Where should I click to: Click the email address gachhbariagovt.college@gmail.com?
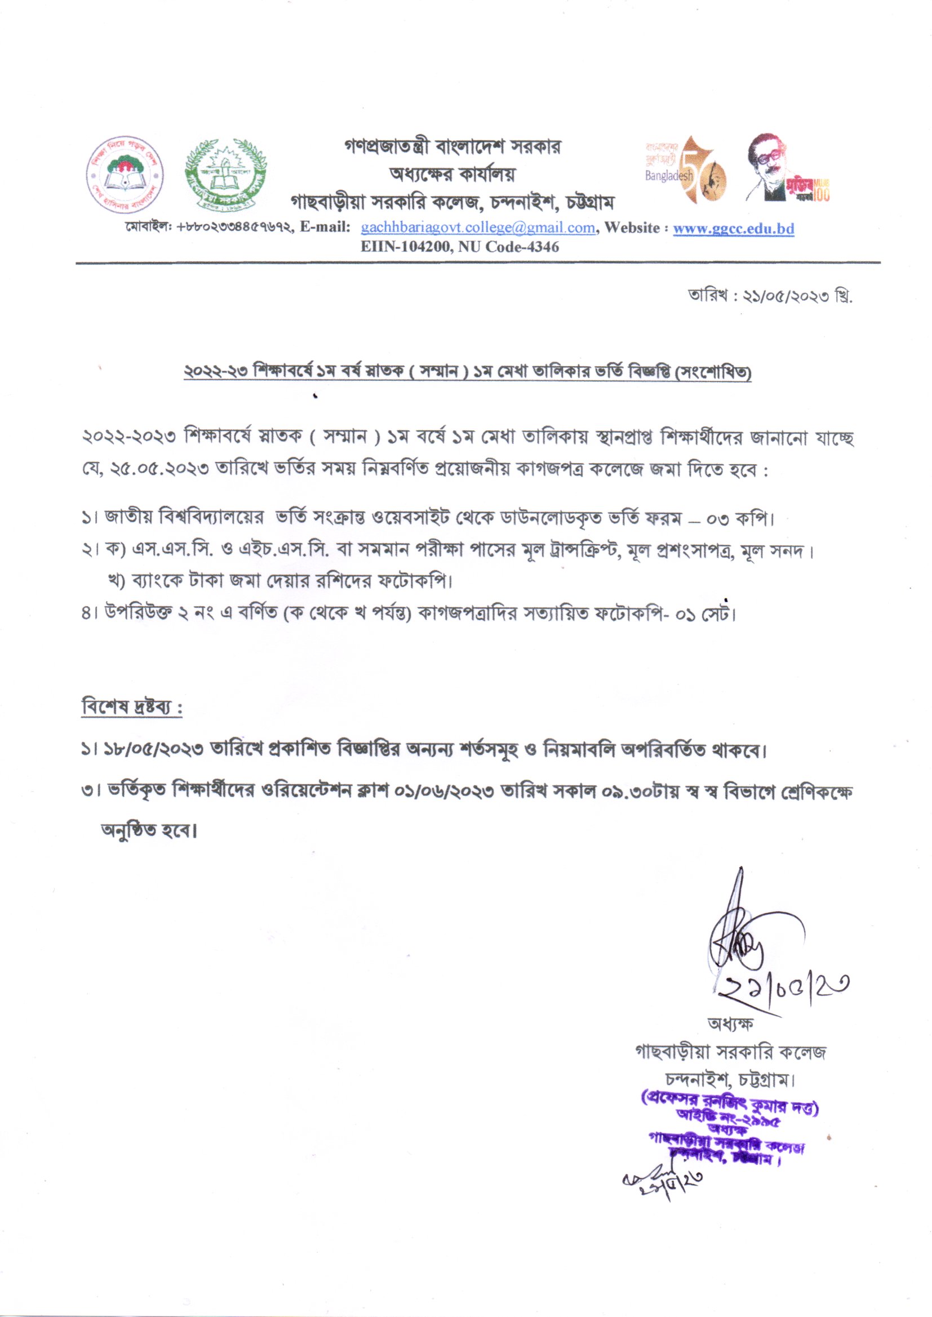(477, 228)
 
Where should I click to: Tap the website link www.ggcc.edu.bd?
(733, 228)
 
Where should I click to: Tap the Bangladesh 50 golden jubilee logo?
(685, 169)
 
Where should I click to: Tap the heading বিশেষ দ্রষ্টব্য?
(131, 708)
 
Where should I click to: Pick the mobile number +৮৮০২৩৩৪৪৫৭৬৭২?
(236, 228)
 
